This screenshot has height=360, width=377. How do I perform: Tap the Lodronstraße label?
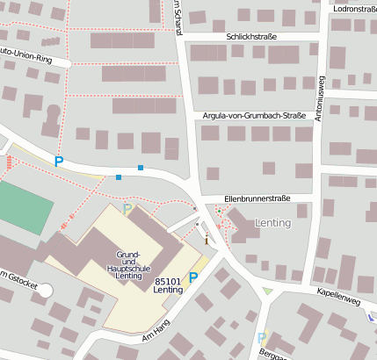[355, 8]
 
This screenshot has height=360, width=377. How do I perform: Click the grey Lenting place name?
[272, 223]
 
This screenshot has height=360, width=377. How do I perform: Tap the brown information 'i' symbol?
[207, 239]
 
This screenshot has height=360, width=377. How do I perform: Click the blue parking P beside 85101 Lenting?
[194, 277]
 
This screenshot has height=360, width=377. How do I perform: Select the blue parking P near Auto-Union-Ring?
[59, 161]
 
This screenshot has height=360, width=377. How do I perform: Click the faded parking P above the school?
[128, 209]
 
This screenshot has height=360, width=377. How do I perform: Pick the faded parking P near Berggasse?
[261, 337]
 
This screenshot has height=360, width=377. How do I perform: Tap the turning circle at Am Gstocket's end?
[43, 290]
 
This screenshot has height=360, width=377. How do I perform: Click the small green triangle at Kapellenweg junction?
[268, 292]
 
